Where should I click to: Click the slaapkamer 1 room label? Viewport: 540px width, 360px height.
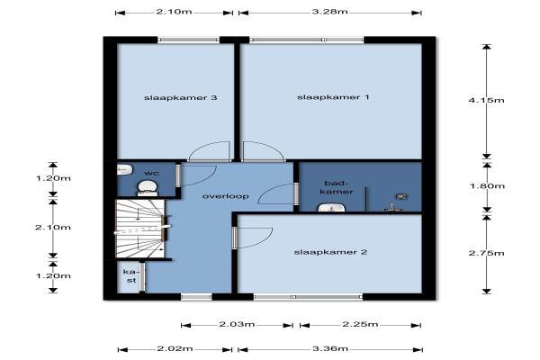point(333,97)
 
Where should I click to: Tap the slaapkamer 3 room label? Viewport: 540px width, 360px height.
point(181,98)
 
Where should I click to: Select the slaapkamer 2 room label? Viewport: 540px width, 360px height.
point(330,253)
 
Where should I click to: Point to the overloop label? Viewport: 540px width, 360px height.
point(226,196)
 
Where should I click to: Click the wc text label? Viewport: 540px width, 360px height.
point(151,173)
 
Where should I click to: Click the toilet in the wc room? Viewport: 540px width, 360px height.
point(148,189)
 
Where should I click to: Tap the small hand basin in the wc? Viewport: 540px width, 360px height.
point(124,169)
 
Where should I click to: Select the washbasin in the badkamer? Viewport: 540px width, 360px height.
point(331,207)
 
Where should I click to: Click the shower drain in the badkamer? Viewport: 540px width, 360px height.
point(401,197)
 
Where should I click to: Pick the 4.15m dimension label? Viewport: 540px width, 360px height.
point(486,100)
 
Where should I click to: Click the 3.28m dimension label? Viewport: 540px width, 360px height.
point(330,12)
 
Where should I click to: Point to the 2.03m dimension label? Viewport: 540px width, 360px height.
point(237,325)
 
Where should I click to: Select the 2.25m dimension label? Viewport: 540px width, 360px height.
point(360,325)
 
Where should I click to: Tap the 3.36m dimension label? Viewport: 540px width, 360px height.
point(330,349)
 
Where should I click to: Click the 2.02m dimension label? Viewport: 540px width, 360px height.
point(175,349)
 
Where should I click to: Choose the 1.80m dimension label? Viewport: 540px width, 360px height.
point(487,186)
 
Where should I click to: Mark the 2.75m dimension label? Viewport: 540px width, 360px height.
point(486,253)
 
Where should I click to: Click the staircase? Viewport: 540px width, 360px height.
point(140,229)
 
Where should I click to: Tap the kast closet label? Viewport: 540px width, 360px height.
point(130,276)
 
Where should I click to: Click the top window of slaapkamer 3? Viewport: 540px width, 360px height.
point(189,40)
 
